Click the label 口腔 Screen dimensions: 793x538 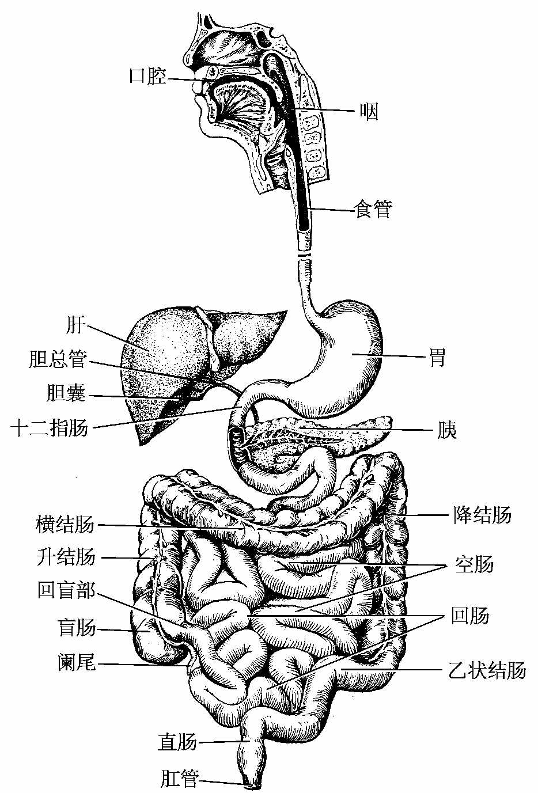click(x=148, y=76)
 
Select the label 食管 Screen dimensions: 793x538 click(x=373, y=210)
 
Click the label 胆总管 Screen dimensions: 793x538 click(x=58, y=360)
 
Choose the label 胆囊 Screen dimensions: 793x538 click(x=66, y=394)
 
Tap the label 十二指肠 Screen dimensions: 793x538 click(x=50, y=428)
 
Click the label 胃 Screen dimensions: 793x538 click(x=437, y=358)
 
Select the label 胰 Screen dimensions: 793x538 click(x=446, y=430)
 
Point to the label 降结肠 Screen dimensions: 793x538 click(x=482, y=514)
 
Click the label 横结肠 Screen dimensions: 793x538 click(x=65, y=525)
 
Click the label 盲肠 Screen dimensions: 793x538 click(x=77, y=628)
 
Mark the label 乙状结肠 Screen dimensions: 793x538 click(x=487, y=670)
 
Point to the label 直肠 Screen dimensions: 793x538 click(x=177, y=742)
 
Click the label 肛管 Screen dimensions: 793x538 click(x=180, y=780)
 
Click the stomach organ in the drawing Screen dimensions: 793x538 click(x=346, y=357)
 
